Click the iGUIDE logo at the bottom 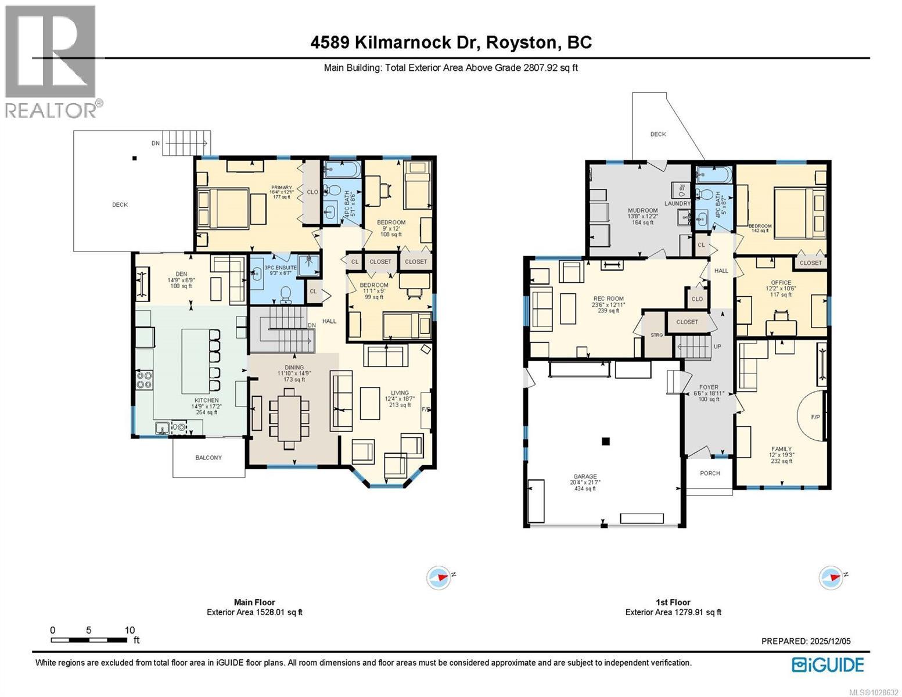[x=828, y=664]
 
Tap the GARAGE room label [x=585, y=476]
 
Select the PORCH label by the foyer [x=710, y=473]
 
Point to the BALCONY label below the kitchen [x=208, y=458]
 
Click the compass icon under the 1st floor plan [x=831, y=578]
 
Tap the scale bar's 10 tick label [x=130, y=630]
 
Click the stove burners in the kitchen [x=144, y=380]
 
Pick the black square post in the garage [x=606, y=441]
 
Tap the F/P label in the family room [x=815, y=417]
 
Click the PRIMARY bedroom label [x=281, y=188]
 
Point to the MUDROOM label [x=642, y=211]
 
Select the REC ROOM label [x=608, y=299]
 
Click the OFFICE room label [x=781, y=283]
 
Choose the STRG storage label [x=656, y=335]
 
